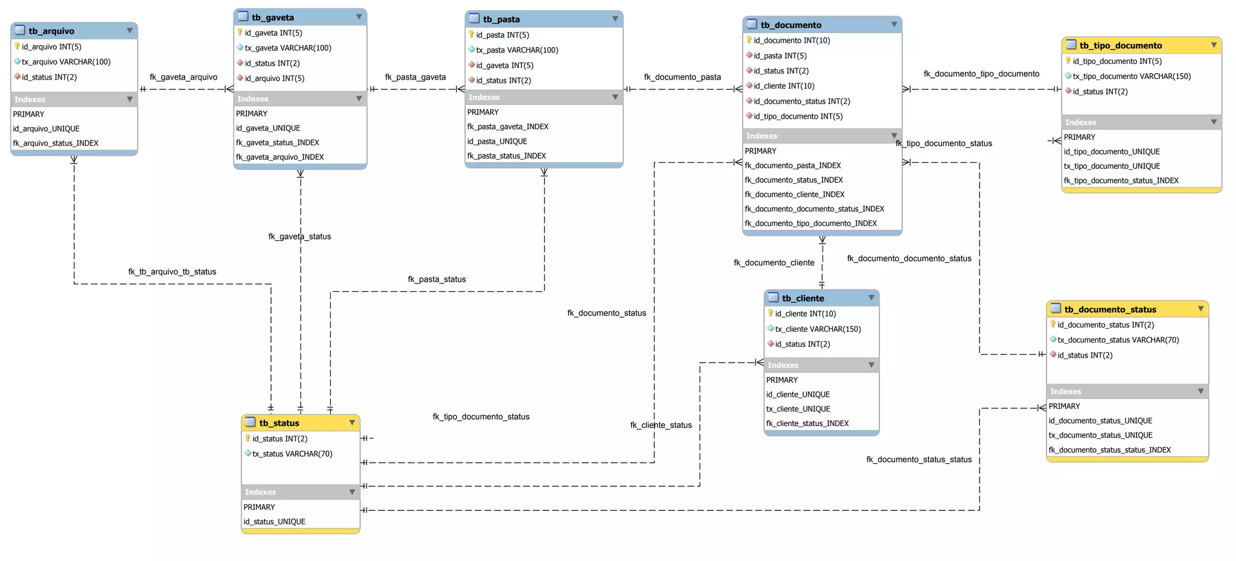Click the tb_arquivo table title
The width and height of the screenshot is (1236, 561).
51,31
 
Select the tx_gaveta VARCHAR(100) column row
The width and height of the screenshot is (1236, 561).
287,48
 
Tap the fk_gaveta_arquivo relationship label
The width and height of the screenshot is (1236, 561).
183,77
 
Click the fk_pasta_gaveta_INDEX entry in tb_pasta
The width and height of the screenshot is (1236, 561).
508,127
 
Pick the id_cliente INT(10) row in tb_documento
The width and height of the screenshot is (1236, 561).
783,86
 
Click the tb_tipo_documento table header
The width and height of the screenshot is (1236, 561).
1120,46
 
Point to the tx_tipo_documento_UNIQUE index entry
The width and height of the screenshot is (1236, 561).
1112,166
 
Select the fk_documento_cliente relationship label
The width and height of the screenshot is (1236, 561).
774,263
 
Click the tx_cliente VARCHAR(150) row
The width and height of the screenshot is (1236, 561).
817,329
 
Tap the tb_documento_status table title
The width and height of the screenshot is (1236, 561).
1110,309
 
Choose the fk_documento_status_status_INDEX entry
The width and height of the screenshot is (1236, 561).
1109,450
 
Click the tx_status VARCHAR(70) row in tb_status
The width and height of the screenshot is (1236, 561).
292,454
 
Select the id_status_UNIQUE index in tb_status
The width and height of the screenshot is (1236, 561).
275,522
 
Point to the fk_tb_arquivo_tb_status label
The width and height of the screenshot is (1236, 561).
172,272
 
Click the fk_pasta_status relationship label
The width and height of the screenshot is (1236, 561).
436,279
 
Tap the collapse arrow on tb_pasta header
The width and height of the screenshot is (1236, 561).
615,19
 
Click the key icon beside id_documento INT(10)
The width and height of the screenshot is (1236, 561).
749,40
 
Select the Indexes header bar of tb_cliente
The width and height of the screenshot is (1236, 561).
821,366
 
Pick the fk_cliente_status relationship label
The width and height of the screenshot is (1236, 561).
661,425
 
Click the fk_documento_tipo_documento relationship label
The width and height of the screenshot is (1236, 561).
981,74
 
